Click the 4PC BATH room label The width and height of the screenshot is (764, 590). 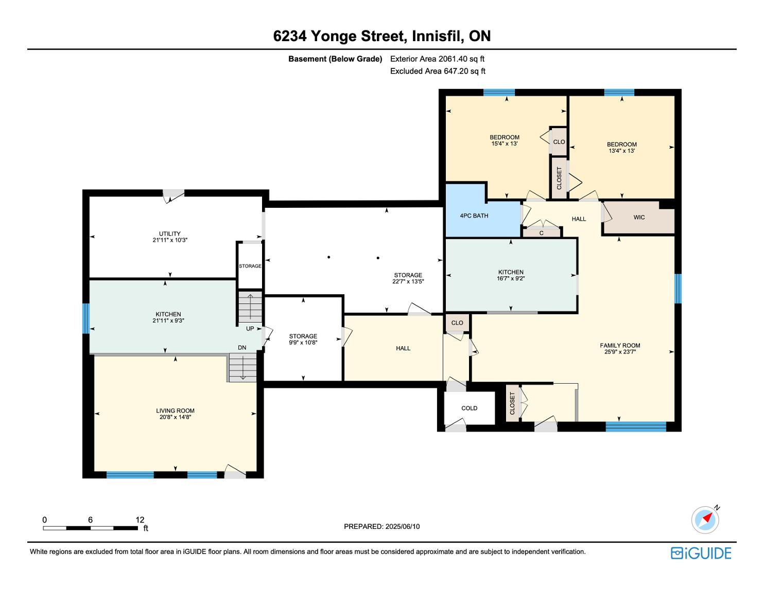(x=474, y=216)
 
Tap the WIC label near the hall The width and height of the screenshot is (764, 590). (x=639, y=218)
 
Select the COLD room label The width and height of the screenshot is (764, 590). (x=469, y=408)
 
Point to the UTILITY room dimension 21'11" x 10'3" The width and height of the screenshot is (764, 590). (x=170, y=240)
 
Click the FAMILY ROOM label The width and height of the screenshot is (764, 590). (x=620, y=346)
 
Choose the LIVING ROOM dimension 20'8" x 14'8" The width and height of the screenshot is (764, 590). (x=175, y=417)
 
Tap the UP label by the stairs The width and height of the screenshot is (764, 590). (x=250, y=329)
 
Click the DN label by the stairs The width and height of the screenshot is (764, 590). (x=242, y=348)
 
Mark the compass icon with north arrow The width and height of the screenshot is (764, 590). (x=705, y=520)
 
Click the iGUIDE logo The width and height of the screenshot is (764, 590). (x=701, y=553)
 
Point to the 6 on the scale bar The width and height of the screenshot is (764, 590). (x=91, y=520)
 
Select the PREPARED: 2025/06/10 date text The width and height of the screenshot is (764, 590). (x=381, y=526)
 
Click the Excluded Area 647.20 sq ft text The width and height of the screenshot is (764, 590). (x=438, y=71)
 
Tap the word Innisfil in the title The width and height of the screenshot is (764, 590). (x=437, y=36)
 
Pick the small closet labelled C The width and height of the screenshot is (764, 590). (x=542, y=233)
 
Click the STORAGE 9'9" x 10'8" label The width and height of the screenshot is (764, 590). (x=303, y=339)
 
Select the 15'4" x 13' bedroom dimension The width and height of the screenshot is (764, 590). (x=505, y=144)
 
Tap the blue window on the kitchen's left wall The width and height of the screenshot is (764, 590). (x=86, y=318)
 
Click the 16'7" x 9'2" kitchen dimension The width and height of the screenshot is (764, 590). (x=511, y=278)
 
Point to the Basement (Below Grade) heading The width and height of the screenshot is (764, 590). (x=335, y=59)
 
